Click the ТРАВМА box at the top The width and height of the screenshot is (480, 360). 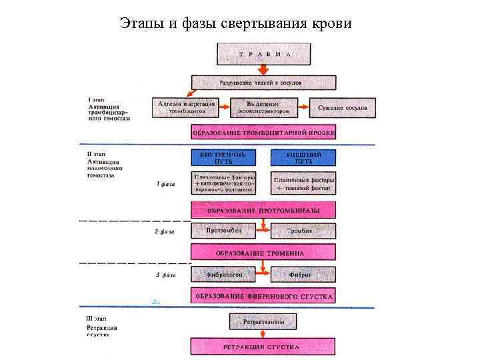[263, 53]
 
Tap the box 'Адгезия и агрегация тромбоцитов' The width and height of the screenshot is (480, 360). [186, 107]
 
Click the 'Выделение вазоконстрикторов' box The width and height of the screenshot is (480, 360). [263, 107]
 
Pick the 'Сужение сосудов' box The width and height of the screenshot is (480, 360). [342, 107]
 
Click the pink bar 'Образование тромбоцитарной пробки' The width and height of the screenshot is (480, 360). [263, 133]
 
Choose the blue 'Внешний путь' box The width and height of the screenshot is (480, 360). [303, 158]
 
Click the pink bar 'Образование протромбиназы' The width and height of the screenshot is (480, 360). [263, 211]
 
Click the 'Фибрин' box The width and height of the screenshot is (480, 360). [303, 274]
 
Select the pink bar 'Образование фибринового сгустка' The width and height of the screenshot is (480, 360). [263, 295]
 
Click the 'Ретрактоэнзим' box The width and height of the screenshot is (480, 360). [263, 322]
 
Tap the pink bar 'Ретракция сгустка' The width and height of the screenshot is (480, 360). [263, 347]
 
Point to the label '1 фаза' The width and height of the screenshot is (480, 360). [165, 185]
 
